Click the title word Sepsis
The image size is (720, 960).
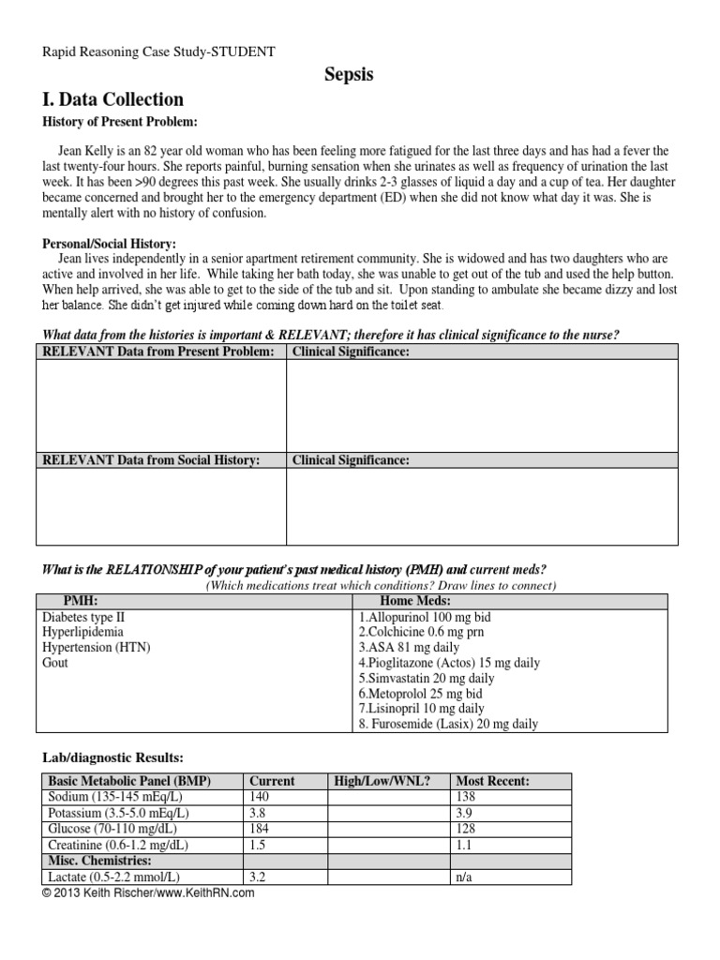[349, 75]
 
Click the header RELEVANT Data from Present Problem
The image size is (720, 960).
[158, 352]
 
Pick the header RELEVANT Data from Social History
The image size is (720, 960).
[151, 460]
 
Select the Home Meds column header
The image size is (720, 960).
[415, 601]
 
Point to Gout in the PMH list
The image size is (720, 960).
[55, 663]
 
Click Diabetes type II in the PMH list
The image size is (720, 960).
[82, 618]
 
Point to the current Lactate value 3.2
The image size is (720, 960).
[254, 877]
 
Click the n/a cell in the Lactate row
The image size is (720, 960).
[463, 877]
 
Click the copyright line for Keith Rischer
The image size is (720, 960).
[148, 893]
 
